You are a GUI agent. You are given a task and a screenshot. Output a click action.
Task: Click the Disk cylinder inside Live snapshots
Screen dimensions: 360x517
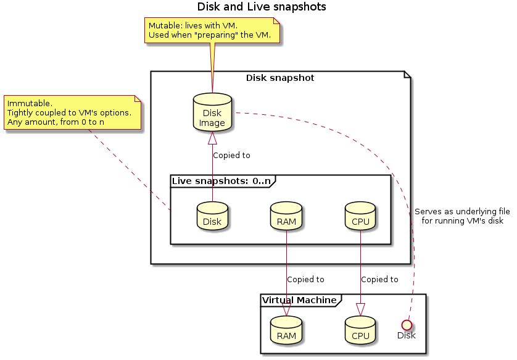tap(212, 217)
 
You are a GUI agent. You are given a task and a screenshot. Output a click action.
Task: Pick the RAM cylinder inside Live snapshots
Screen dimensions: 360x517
tap(286, 217)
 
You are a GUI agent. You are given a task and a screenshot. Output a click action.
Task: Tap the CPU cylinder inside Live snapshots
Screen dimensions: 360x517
tap(360, 217)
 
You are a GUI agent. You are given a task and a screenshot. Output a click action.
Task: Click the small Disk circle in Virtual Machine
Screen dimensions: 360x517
tap(406, 324)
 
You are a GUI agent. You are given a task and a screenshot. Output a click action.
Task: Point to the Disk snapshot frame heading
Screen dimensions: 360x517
tap(280, 78)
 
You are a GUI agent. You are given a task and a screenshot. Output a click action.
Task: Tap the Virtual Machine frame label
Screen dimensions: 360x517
tap(299, 300)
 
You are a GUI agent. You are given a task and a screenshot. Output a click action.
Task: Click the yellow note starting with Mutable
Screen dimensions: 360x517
tap(212, 31)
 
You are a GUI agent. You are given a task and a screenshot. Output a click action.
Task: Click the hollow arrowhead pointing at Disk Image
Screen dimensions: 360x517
tap(212, 138)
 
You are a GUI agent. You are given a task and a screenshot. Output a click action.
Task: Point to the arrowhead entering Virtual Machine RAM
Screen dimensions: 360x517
tap(286, 308)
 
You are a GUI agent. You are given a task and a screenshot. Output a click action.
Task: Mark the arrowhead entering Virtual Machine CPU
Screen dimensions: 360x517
tap(360, 308)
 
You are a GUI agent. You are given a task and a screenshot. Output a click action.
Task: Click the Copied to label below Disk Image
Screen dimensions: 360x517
tap(231, 156)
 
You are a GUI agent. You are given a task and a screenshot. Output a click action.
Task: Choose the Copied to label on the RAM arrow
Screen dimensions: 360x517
tap(305, 280)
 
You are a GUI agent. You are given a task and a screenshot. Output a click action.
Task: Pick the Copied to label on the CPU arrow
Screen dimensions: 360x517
tap(379, 280)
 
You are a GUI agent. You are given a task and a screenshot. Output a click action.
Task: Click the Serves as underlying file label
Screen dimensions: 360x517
tap(462, 216)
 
